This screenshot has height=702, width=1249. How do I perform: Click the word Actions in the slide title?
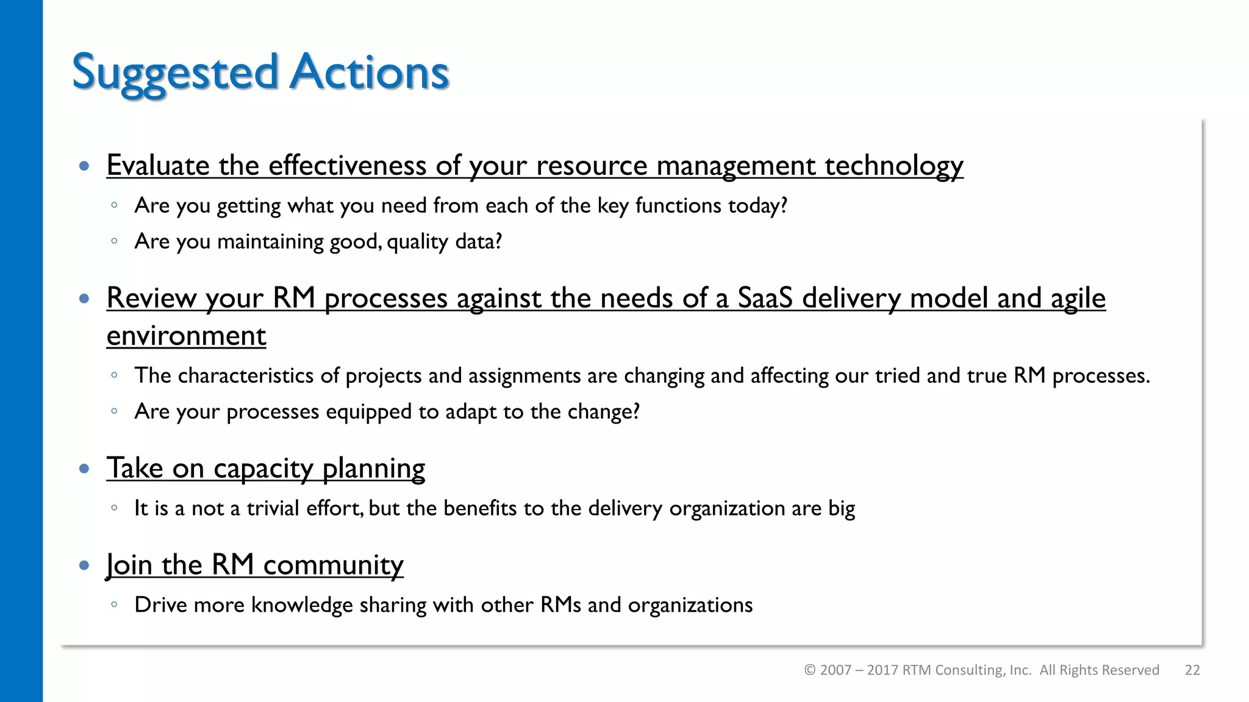pyautogui.click(x=369, y=72)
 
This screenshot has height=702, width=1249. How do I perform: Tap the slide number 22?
pyautogui.click(x=1192, y=670)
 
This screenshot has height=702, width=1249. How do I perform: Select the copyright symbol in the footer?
pyautogui.click(x=810, y=670)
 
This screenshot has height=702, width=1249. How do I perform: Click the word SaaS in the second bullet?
pyautogui.click(x=765, y=299)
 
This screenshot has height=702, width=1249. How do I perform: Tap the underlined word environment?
pyautogui.click(x=186, y=336)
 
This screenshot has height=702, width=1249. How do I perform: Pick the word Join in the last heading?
pyautogui.click(x=129, y=565)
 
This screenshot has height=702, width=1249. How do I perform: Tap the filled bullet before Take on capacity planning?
pyautogui.click(x=84, y=469)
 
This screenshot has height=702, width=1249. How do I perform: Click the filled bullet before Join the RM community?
pyautogui.click(x=84, y=565)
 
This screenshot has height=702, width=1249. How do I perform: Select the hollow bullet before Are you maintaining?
pyautogui.click(x=114, y=241)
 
